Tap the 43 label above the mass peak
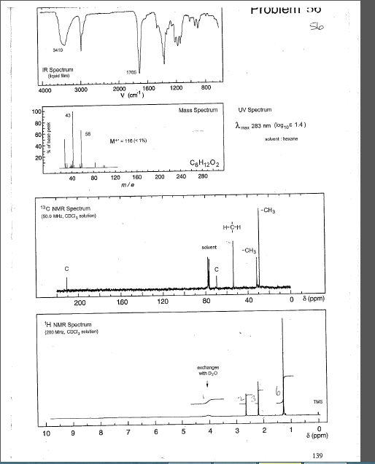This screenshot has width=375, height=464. pos(68,116)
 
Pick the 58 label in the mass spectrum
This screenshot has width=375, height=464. pos(88,133)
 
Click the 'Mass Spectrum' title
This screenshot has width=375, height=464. pos(198,110)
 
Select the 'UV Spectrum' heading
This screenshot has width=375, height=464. pos(255,109)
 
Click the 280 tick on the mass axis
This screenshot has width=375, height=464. pos(202,177)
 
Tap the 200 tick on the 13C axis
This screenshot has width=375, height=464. pos(80,301)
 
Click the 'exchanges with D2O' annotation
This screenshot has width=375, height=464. pos(210,370)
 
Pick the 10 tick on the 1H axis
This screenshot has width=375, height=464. pos(47,433)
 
